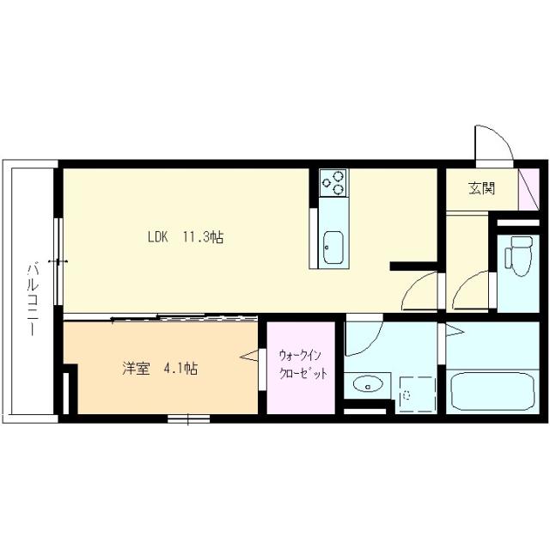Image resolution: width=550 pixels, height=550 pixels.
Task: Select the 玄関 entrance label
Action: click(481, 189)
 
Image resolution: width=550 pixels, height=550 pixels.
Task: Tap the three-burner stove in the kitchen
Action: click(333, 182)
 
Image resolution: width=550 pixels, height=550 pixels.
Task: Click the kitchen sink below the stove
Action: click(332, 247)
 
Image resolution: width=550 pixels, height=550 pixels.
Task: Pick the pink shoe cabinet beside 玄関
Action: click(526, 187)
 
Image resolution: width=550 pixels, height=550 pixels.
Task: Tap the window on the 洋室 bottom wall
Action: click(189, 419)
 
